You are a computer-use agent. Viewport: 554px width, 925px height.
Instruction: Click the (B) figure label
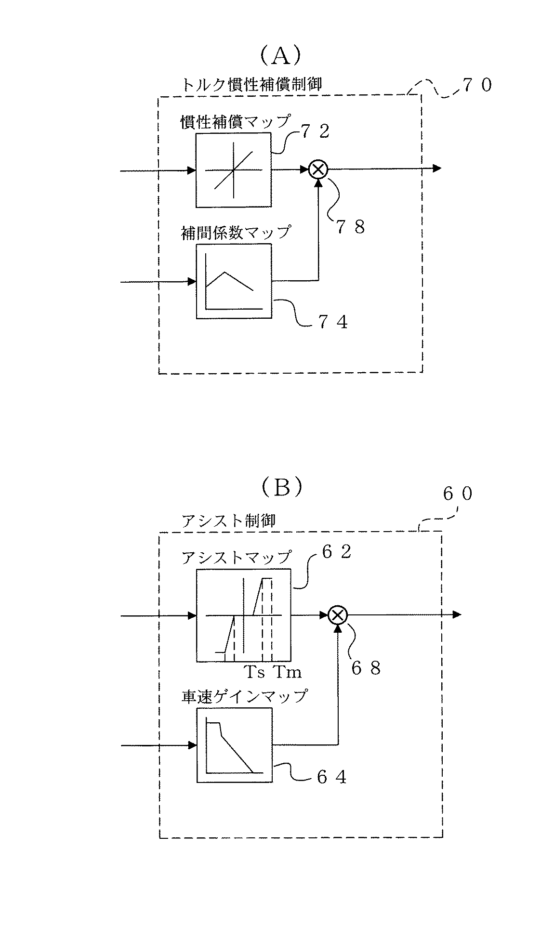(282, 487)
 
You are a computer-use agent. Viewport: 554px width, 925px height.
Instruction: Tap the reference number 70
(477, 86)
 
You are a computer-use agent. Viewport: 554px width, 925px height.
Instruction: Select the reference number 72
(316, 131)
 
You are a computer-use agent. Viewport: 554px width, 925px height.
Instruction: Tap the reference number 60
(458, 495)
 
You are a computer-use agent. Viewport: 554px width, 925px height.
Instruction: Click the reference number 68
(366, 668)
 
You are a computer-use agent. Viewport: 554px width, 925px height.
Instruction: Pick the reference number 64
(332, 777)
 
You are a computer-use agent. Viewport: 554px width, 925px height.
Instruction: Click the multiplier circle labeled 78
(318, 169)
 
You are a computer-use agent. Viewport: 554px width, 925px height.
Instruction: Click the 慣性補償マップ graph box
(234, 170)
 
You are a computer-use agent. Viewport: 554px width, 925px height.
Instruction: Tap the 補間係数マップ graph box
(234, 281)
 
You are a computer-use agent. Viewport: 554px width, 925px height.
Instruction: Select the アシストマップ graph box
(243, 615)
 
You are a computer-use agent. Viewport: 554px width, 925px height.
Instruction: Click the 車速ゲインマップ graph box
(234, 745)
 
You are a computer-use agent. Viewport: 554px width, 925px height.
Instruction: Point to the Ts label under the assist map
(255, 671)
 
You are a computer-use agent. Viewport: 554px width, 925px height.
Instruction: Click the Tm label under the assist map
(287, 671)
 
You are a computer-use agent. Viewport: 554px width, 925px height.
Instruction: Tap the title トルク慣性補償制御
(251, 84)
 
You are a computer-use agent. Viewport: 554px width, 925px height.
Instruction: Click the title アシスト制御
(228, 521)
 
